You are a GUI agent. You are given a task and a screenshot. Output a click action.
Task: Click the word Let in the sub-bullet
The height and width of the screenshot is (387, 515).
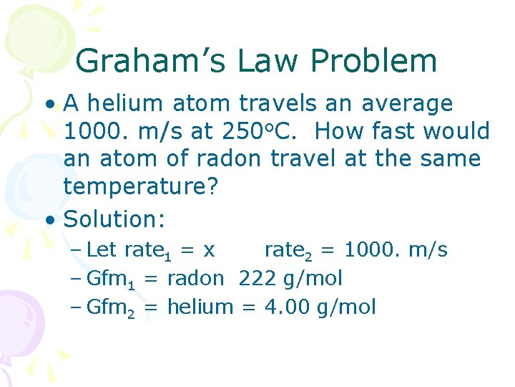pyautogui.click(x=102, y=249)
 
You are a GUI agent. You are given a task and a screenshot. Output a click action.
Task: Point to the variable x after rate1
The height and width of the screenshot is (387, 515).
pyautogui.click(x=209, y=249)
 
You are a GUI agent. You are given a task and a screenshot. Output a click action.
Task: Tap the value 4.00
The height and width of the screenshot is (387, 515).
pyautogui.click(x=285, y=307)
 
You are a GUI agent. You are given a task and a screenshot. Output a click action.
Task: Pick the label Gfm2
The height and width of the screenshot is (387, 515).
pyautogui.click(x=109, y=308)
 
